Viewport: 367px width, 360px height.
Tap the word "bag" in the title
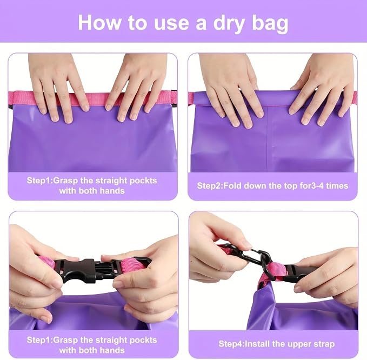(x=270, y=23)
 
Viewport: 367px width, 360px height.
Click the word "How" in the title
(x=99, y=22)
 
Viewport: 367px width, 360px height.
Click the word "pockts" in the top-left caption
(x=143, y=181)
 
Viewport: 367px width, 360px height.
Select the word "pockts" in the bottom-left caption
(x=143, y=340)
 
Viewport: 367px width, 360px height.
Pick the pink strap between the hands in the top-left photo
(x=97, y=99)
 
